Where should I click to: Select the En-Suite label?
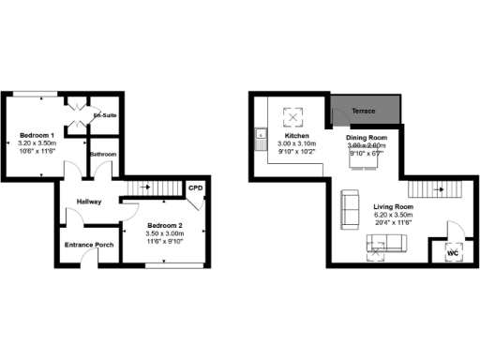click(104, 115)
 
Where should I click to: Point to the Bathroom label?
click(103, 154)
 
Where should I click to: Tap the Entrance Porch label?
click(88, 246)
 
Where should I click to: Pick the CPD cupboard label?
click(196, 188)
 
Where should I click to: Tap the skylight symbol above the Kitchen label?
click(292, 118)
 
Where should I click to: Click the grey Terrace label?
click(364, 112)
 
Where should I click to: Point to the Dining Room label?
click(366, 138)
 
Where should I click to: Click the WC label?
click(450, 253)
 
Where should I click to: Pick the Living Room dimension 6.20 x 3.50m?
click(393, 215)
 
